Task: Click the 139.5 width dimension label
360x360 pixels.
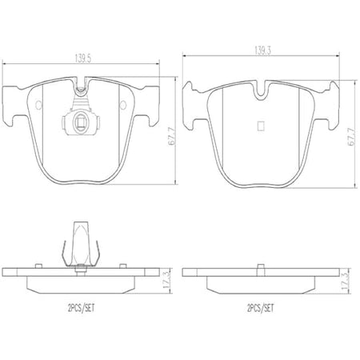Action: pos(82,58)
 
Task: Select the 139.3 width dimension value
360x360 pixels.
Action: pos(262,50)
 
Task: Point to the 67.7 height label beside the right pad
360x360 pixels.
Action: pos(351,137)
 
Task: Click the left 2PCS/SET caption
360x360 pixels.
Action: pos(81,309)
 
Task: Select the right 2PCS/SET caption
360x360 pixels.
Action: pos(261,309)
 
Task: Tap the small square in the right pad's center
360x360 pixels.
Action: pos(261,126)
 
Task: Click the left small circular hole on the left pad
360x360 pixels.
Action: pos(38,105)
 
